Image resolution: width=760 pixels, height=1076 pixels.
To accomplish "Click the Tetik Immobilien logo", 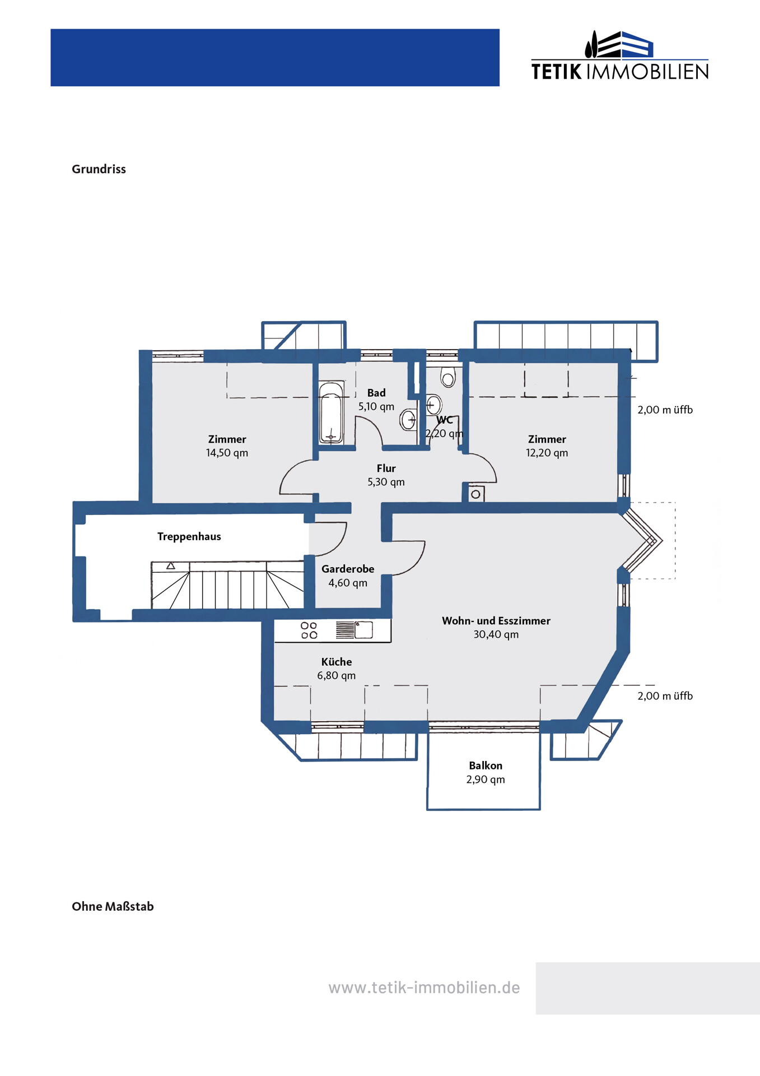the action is tap(619, 55).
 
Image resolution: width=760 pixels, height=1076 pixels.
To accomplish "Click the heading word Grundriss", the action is tap(99, 169).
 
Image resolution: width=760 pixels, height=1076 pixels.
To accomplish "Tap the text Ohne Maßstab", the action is tap(113, 906).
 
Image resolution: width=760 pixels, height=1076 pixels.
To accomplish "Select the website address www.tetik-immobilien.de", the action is tap(424, 987).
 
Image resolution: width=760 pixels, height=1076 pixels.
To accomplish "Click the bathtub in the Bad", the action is tap(331, 413).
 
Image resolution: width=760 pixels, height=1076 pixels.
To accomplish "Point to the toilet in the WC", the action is tap(447, 377).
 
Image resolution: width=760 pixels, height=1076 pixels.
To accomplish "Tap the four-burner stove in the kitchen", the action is tap(309, 630).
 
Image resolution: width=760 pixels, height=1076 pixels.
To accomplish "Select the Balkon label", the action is tap(486, 766).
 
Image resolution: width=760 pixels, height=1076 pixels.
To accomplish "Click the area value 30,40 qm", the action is tap(496, 634).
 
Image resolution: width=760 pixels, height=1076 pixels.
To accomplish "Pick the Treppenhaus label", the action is tap(189, 537).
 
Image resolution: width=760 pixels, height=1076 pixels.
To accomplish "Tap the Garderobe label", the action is tap(348, 569).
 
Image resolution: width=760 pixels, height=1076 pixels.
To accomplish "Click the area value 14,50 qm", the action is tap(227, 453).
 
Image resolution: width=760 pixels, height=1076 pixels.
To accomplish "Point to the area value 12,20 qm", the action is tap(547, 453).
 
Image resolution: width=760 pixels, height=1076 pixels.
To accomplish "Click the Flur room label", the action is tap(386, 469).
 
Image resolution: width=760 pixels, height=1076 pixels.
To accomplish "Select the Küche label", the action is tap(337, 662).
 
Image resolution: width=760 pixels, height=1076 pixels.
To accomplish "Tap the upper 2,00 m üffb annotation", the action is tap(665, 410).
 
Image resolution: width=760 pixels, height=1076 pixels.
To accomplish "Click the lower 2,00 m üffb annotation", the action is tap(665, 696).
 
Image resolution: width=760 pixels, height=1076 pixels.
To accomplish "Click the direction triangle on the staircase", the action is tap(171, 566).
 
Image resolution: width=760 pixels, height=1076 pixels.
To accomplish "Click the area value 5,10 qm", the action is tap(376, 407).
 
